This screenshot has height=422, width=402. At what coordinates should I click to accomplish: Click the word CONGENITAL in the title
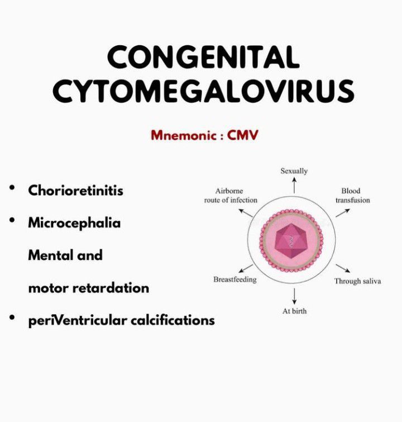tap(203, 57)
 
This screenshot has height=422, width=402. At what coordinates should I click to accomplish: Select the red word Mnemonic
tap(184, 135)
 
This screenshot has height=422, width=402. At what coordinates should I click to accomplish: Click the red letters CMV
tap(242, 135)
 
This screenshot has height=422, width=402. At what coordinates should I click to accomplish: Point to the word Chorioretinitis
tap(75, 191)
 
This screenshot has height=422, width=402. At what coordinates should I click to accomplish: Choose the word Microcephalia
tap(74, 224)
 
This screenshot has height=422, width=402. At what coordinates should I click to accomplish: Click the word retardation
tap(111, 288)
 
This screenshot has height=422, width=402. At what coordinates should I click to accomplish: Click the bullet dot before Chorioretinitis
tap(12, 188)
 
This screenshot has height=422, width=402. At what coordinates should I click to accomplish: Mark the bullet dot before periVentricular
tap(12, 317)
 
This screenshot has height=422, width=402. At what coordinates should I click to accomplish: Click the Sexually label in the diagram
tap(294, 171)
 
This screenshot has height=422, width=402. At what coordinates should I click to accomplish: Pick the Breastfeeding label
tap(235, 279)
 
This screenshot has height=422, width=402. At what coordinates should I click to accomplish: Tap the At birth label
tap(294, 311)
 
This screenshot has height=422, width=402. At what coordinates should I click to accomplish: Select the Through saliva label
tap(358, 281)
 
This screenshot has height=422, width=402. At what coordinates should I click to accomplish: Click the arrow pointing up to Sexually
tap(294, 186)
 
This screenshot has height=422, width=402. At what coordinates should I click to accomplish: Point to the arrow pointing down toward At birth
tap(294, 296)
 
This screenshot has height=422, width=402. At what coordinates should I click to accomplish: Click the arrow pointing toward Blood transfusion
tap(343, 213)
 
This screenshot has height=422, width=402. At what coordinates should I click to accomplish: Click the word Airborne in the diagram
tap(229, 191)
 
